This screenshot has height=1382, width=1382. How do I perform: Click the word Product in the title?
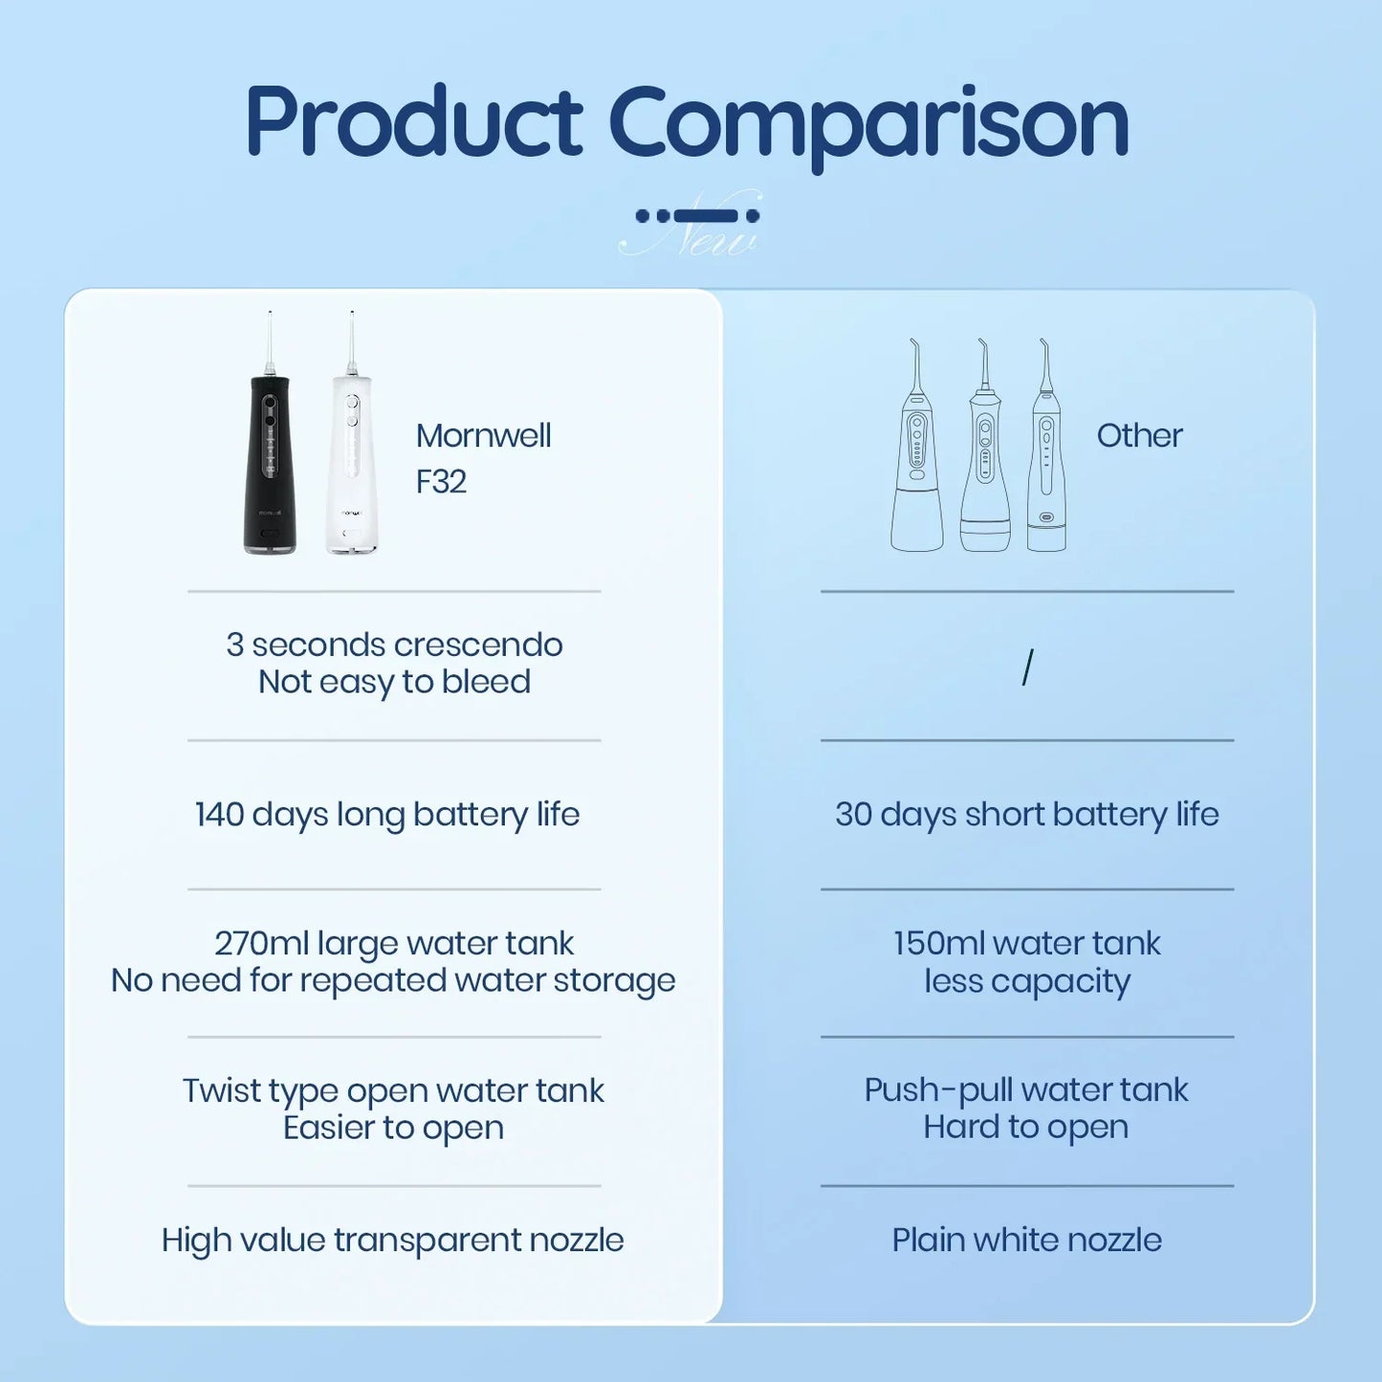pyautogui.click(x=413, y=121)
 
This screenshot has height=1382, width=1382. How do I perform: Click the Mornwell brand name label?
pyautogui.click(x=483, y=436)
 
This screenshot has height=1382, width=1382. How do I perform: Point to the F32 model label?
pyautogui.click(x=441, y=482)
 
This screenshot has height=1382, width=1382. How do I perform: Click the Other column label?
pyautogui.click(x=1139, y=436)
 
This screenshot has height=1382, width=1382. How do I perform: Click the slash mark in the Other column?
pyautogui.click(x=1027, y=667)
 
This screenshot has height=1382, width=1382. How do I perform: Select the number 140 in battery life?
pyautogui.click(x=220, y=815)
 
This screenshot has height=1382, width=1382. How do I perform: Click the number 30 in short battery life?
pyautogui.click(x=853, y=815)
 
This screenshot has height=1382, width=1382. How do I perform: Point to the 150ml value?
pyautogui.click(x=939, y=944)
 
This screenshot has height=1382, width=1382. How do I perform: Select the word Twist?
pyautogui.click(x=221, y=1091)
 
